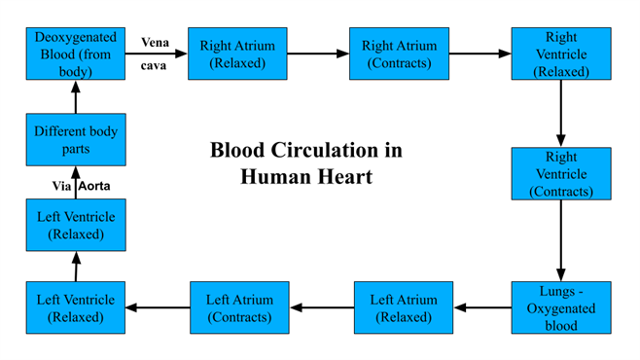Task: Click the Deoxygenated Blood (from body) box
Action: pyautogui.click(x=76, y=54)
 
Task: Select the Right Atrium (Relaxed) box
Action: pyautogui.click(x=237, y=54)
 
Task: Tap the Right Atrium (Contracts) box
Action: pyautogui.click(x=400, y=54)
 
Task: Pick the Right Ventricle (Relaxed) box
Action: pyautogui.click(x=561, y=54)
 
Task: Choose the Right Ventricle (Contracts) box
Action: pyautogui.click(x=561, y=173)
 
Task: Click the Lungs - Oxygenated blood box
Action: pyautogui.click(x=561, y=307)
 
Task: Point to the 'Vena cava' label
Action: pyautogui.click(x=155, y=54)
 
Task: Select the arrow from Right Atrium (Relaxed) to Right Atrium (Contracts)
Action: pyautogui.click(x=317, y=54)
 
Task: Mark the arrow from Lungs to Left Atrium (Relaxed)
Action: pyautogui.click(x=482, y=307)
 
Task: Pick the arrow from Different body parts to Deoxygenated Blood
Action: pyautogui.click(x=76, y=96)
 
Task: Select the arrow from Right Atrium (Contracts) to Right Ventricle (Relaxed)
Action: pyautogui.click(x=480, y=54)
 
